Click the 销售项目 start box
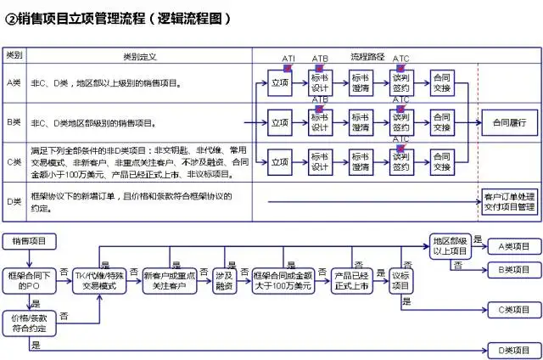pyautogui.click(x=31, y=241)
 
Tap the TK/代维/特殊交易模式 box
pyautogui.click(x=101, y=281)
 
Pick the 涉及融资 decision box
pyautogui.click(x=224, y=281)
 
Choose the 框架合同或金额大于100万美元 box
pyautogui.click(x=283, y=281)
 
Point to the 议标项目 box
pyautogui.click(x=401, y=281)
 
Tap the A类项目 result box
pyautogui.click(x=513, y=246)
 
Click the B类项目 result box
pyautogui.click(x=513, y=270)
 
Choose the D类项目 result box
pyautogui.click(x=513, y=350)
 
